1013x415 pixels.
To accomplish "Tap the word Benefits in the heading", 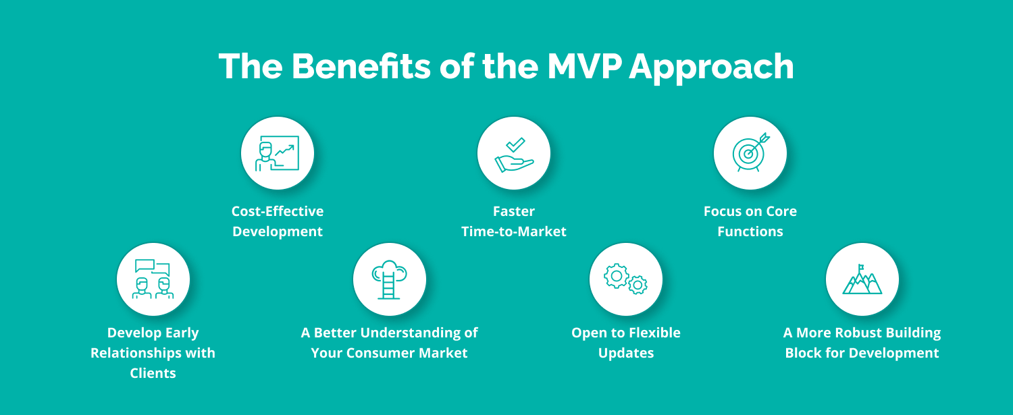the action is click(x=361, y=66).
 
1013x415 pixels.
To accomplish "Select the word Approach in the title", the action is click(x=711, y=67).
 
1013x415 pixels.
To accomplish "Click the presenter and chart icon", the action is click(x=277, y=153).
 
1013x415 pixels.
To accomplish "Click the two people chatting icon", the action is click(x=153, y=279).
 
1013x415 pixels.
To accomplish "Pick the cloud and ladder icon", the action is click(x=389, y=279).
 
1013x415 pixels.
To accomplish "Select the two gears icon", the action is click(x=626, y=279).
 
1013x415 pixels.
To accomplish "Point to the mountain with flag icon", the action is click(x=862, y=279).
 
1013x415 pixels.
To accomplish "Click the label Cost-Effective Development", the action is click(x=278, y=221).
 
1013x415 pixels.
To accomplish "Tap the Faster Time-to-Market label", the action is click(x=514, y=221).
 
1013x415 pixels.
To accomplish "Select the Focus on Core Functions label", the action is click(x=750, y=221).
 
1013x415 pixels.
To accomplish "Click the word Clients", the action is click(x=153, y=373).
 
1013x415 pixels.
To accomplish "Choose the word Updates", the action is click(x=626, y=353).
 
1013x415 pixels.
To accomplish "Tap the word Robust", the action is click(x=843, y=333).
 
